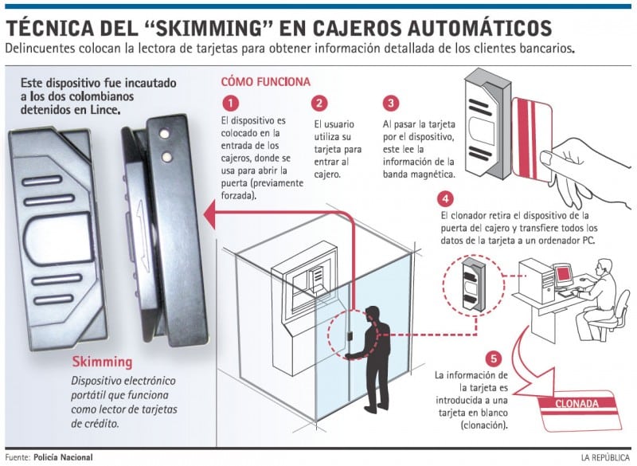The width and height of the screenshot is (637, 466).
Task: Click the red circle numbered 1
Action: [x=230, y=104]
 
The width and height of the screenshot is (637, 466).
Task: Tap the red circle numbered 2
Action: [x=320, y=104]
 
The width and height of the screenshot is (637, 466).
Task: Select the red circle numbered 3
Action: [x=390, y=104]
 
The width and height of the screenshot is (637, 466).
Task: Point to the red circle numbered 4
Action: [x=447, y=198]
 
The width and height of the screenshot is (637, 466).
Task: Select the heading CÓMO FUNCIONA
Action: [x=265, y=82]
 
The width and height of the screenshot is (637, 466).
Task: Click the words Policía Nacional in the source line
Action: [x=63, y=457]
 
